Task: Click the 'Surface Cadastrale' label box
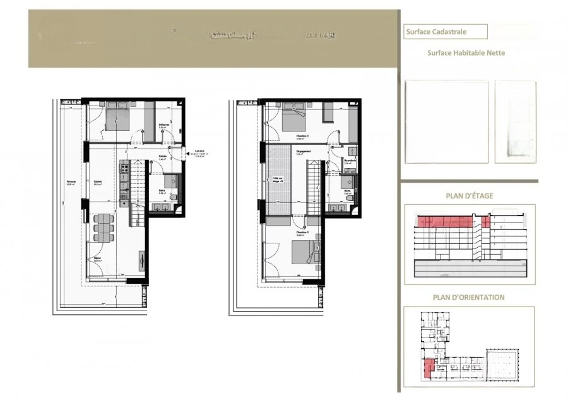[445, 31]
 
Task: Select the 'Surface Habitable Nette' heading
[466, 53]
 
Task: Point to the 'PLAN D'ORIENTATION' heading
[468, 297]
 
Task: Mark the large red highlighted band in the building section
[444, 221]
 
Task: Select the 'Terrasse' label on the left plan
[71, 182]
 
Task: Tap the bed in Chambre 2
[304, 252]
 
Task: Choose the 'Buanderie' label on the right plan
[350, 161]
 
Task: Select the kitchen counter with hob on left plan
[124, 183]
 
